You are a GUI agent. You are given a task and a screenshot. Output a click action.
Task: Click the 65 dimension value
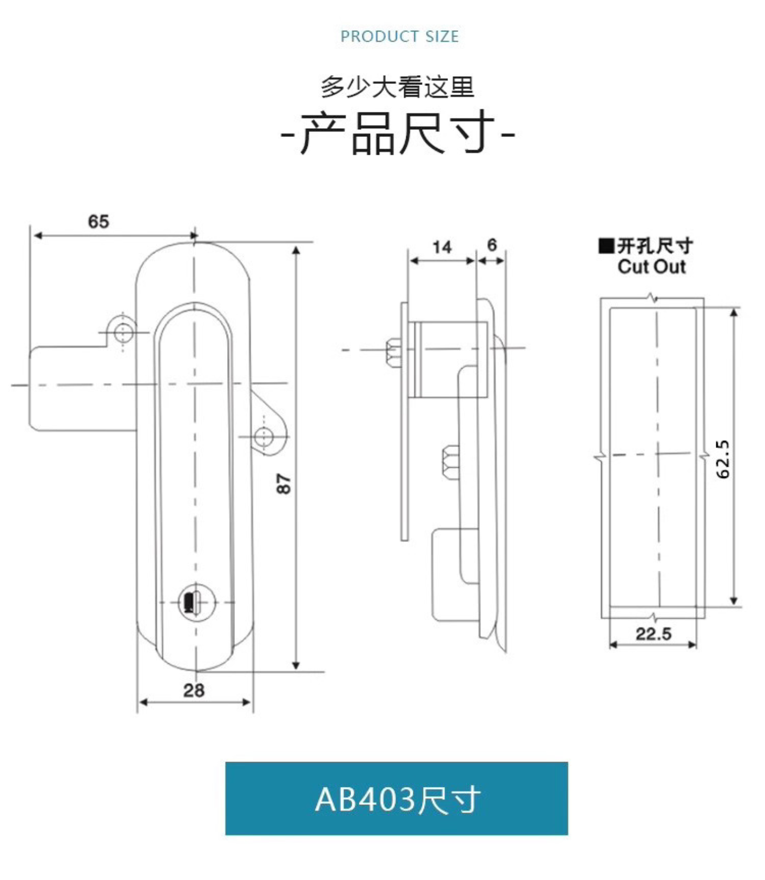(98, 221)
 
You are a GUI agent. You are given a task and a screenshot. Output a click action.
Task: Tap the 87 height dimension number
(283, 484)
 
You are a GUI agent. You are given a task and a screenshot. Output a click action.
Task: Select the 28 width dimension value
(194, 690)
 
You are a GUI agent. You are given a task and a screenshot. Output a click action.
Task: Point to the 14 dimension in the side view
(441, 247)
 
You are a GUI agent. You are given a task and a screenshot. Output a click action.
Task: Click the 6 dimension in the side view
(491, 245)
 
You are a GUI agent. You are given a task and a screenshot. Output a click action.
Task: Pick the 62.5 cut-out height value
(723, 459)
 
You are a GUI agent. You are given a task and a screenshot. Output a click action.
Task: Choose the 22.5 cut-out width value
(653, 633)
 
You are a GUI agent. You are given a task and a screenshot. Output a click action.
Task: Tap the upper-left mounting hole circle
(123, 331)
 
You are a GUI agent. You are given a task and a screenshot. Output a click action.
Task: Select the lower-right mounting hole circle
(263, 436)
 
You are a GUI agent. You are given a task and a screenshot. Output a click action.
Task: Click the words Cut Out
(651, 267)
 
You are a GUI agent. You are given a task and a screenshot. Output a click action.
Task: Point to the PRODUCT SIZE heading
(399, 36)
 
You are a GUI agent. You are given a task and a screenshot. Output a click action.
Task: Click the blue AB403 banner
(397, 798)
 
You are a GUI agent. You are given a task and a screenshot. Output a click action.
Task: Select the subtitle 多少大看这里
(397, 87)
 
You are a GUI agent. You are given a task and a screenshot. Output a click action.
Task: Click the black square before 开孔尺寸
(606, 246)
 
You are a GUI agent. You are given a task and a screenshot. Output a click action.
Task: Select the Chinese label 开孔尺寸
(655, 246)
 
